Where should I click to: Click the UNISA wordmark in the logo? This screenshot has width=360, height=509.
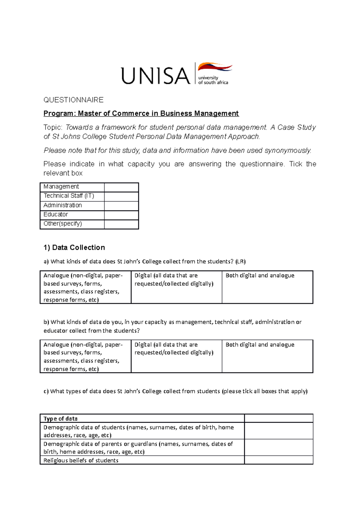[x=155, y=76]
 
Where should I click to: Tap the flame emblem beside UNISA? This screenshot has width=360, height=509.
[x=215, y=67]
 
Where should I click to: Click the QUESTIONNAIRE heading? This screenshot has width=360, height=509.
[x=73, y=100]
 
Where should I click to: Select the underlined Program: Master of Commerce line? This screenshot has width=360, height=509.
[x=141, y=113]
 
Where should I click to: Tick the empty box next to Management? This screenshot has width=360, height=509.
[x=121, y=187]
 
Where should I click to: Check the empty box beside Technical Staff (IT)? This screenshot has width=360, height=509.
[x=121, y=196]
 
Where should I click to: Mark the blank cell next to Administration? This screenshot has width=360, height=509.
[x=121, y=206]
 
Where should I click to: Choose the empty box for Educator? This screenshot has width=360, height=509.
[x=121, y=215]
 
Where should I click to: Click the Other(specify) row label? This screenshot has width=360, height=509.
[x=63, y=224]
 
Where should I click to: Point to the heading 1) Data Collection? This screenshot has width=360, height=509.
[x=74, y=248]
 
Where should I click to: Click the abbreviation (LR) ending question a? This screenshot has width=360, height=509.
[x=241, y=261]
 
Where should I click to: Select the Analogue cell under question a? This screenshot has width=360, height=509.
[x=85, y=287]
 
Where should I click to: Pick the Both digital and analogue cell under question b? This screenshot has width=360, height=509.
[x=267, y=356]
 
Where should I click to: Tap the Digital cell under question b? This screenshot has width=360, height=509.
[x=176, y=356]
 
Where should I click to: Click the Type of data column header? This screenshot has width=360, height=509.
[x=61, y=418]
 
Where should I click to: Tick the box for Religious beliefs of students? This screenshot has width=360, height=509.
[x=279, y=460]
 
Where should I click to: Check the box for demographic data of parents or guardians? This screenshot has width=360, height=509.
[x=279, y=448]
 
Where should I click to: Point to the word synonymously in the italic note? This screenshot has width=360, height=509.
[x=288, y=150]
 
